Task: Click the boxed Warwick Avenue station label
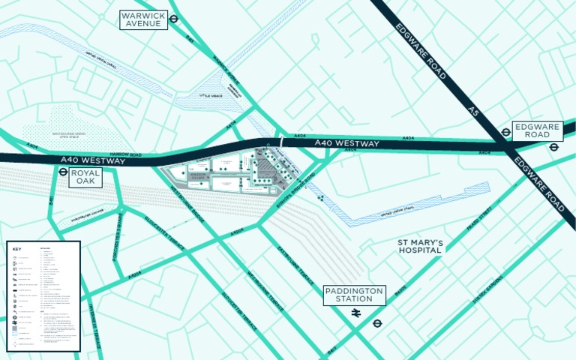pos(143,19)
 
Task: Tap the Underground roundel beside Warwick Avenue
pos(173,19)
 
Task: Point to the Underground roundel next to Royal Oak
pos(63,171)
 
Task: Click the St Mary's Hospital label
pos(420,247)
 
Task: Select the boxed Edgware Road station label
pos(537,131)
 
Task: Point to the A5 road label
pos(472,111)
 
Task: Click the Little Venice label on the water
pos(211,96)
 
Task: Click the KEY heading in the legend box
pos(17,249)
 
